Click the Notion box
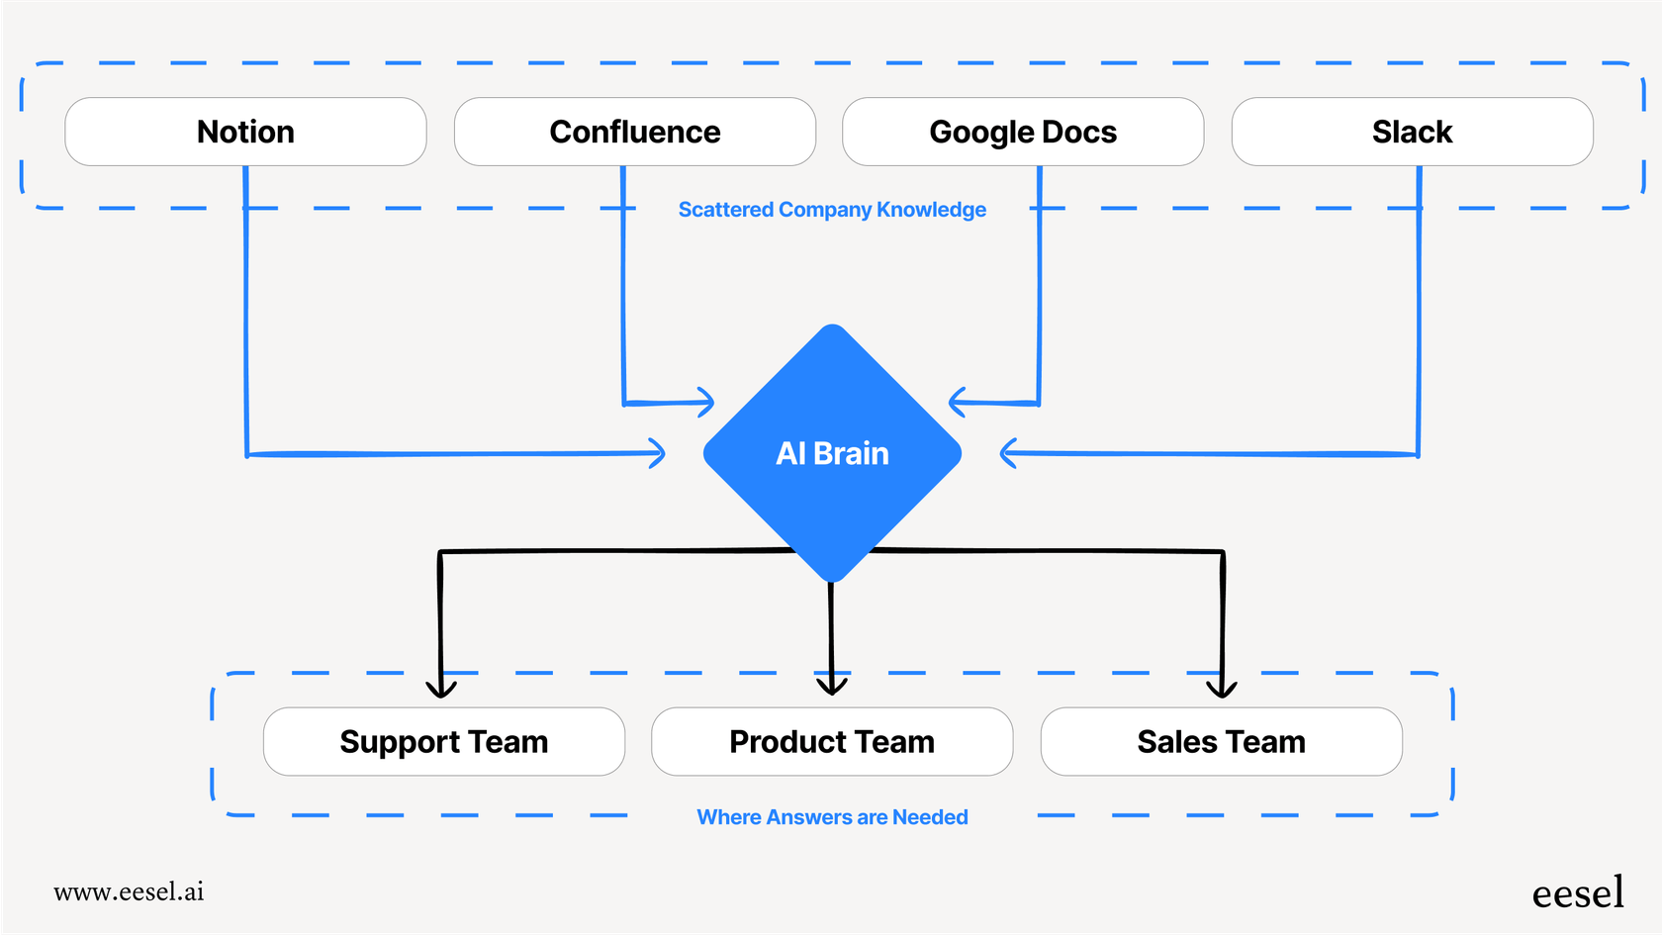[245, 132]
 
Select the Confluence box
[634, 132]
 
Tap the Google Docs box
[1023, 132]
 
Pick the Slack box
[1412, 132]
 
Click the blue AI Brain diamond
[832, 453]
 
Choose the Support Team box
[443, 742]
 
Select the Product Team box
[832, 742]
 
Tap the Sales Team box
[1221, 742]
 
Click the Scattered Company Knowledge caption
[832, 210]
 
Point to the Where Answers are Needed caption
[832, 817]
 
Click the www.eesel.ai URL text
[129, 892]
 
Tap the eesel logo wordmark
[1577, 893]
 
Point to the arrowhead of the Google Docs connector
[956, 402]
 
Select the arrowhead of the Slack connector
[1007, 453]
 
